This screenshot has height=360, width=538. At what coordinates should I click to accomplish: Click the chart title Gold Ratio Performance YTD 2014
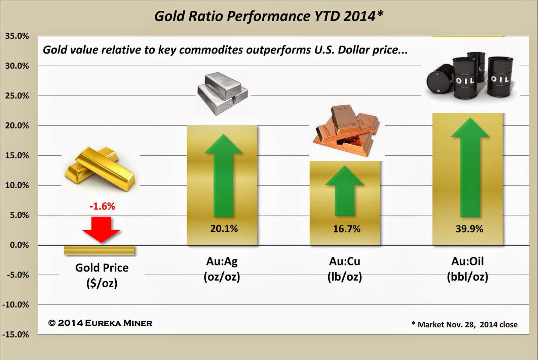pos(268,16)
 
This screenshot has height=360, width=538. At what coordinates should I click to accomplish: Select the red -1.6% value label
pos(102,206)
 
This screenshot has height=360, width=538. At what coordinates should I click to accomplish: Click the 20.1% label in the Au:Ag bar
pos(224,229)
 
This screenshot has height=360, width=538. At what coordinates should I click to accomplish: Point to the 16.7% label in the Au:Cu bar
pos(347,229)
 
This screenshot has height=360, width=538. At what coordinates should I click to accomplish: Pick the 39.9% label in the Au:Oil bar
pos(469,229)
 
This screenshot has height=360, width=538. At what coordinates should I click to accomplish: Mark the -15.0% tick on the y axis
pos(15,334)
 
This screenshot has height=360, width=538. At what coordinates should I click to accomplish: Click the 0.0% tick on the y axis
pos(19,245)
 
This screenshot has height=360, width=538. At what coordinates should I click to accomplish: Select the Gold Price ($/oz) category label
pos(102,275)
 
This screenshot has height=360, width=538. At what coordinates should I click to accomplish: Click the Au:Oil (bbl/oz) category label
pos(467,269)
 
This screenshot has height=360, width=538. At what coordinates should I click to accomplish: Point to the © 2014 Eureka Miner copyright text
pos(100,323)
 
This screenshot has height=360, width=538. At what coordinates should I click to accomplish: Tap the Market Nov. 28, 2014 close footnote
pos(464,325)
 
